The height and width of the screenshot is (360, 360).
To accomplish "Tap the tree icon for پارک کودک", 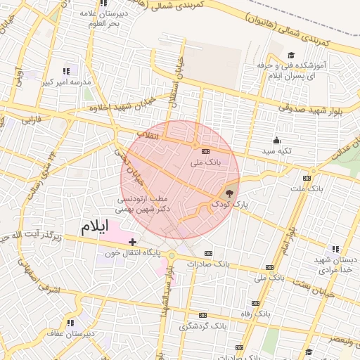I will point(229,193).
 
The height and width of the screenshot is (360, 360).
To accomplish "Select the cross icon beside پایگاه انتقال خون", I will point(132,241).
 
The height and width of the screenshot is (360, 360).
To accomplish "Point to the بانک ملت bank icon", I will point(307,178).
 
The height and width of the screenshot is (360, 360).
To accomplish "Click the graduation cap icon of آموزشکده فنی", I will point(291,56).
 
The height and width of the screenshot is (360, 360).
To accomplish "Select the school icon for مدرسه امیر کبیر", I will point(67,71).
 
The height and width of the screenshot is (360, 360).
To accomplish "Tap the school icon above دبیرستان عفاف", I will point(70,323).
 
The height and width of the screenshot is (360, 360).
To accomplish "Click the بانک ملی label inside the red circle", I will point(206,162).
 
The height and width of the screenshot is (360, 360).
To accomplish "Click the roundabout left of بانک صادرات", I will point(171,255).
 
